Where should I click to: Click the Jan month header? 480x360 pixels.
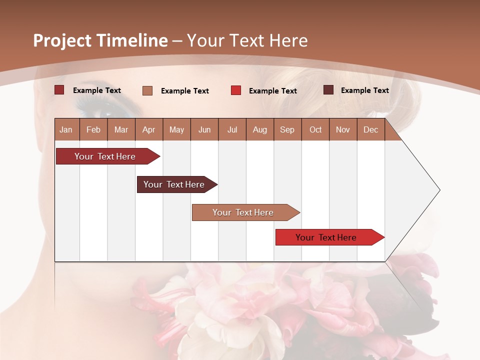pyautogui.click(x=66, y=129)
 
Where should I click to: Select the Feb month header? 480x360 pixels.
pyautogui.click(x=93, y=129)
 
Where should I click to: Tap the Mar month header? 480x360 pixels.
pyautogui.click(x=121, y=129)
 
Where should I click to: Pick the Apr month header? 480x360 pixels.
pyautogui.click(x=148, y=129)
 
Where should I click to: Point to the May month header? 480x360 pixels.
pyautogui.click(x=176, y=129)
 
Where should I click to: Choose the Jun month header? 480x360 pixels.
pyautogui.click(x=204, y=129)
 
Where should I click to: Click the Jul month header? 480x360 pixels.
pyautogui.click(x=232, y=129)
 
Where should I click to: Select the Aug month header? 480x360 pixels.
pyautogui.click(x=259, y=129)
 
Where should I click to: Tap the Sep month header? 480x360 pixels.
pyautogui.click(x=287, y=129)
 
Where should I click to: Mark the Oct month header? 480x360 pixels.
pyautogui.click(x=315, y=129)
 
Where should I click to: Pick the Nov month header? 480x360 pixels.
pyautogui.click(x=343, y=129)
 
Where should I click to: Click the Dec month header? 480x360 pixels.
pyautogui.click(x=370, y=129)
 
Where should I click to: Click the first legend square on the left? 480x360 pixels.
pyautogui.click(x=59, y=90)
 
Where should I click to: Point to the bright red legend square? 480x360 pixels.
pyautogui.click(x=236, y=90)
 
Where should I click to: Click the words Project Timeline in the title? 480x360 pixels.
pyautogui.click(x=100, y=40)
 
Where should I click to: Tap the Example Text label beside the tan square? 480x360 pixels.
pyautogui.click(x=184, y=91)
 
